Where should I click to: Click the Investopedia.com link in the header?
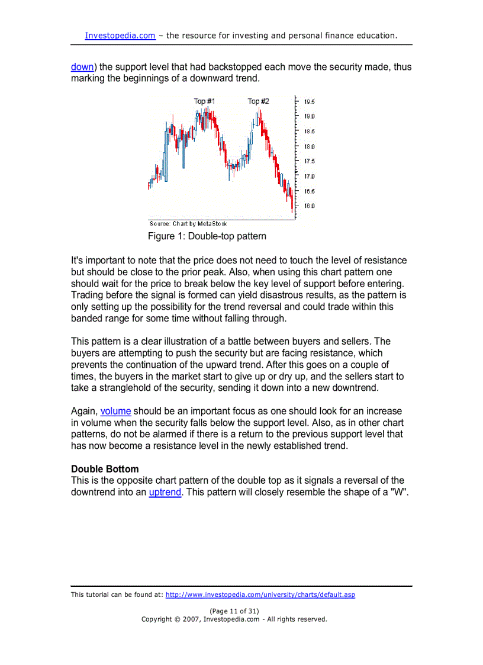tap(120, 36)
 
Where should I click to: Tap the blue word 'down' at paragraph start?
tap(82, 67)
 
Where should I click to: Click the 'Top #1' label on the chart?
tap(204, 101)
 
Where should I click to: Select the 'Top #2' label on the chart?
tap(258, 101)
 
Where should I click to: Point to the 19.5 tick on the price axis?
tap(309, 102)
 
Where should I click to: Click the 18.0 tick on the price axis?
tap(309, 146)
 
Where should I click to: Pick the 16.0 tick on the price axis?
tap(309, 206)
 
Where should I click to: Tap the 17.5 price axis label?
tap(309, 161)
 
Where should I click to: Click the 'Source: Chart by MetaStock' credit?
tap(188, 224)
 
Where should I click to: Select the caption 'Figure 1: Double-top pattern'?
tap(207, 236)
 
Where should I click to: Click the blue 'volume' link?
tap(115, 411)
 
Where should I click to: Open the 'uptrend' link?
tap(165, 493)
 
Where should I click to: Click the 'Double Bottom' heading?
tap(105, 469)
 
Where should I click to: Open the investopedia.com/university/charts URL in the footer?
tap(260, 595)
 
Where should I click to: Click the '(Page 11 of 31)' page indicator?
tap(234, 611)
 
